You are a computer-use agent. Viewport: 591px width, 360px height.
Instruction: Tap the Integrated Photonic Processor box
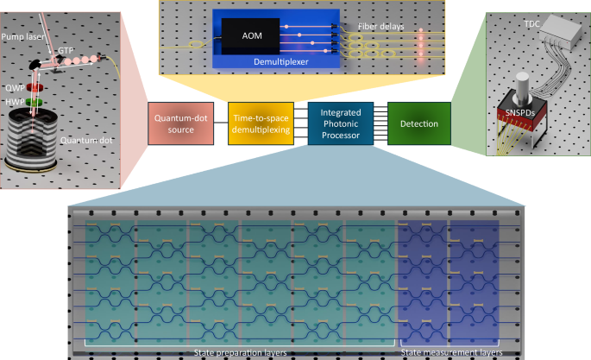tap(342, 124)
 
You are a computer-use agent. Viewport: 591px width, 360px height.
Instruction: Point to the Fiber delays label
tap(380, 27)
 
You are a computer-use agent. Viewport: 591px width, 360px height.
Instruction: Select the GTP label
tap(66, 52)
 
